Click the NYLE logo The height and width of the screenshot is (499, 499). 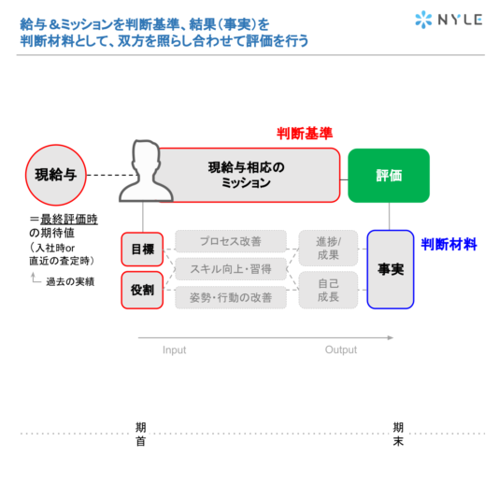[x=449, y=20]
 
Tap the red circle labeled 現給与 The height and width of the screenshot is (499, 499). [x=56, y=175]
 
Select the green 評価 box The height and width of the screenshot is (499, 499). [x=389, y=176]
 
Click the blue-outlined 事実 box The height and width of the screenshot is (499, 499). [x=391, y=269]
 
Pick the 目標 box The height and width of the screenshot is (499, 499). [x=142, y=249]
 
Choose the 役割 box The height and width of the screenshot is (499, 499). [x=142, y=290]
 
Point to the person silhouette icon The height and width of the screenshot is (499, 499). [x=146, y=171]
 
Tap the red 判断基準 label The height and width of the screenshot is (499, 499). [x=305, y=134]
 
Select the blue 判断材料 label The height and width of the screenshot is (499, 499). [x=449, y=245]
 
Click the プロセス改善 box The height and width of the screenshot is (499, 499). [x=231, y=241]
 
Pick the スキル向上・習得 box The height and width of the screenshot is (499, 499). [x=231, y=269]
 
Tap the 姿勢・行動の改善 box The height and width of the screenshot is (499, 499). [x=231, y=297]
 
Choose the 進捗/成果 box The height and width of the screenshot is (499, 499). [x=328, y=249]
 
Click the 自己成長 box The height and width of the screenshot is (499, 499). [x=328, y=290]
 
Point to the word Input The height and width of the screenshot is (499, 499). [x=175, y=350]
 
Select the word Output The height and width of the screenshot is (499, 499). [x=341, y=349]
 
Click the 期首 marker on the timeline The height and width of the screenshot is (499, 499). [x=141, y=435]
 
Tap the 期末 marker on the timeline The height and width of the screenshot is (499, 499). [x=398, y=435]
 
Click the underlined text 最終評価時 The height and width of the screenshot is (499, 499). [x=69, y=220]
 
